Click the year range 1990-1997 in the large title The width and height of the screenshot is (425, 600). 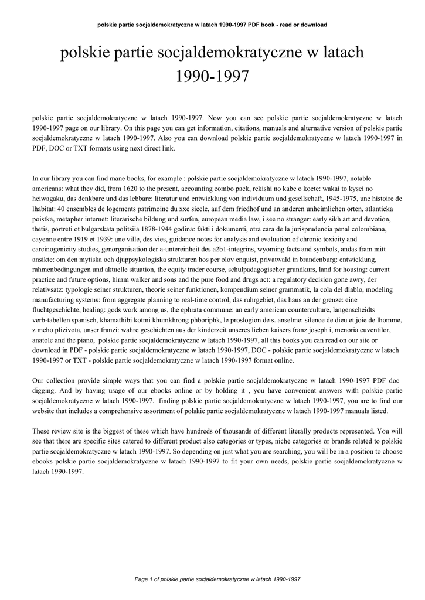(212, 76)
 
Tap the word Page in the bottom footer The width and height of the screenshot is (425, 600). (141, 579)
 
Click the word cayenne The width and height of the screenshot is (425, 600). (45, 239)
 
